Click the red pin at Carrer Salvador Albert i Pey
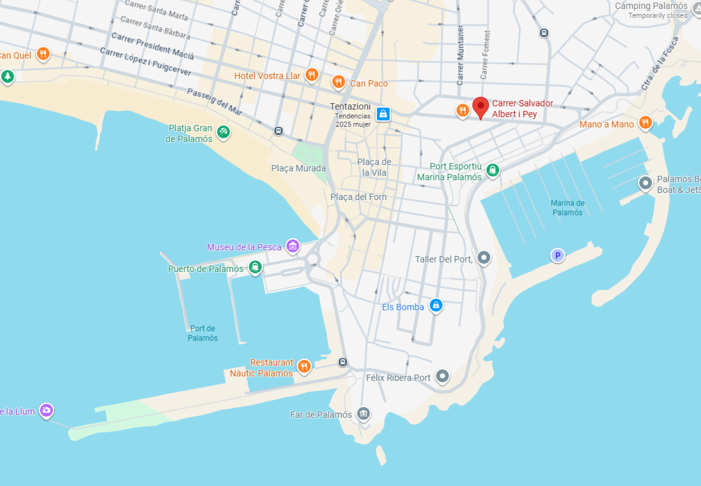pos(480,107)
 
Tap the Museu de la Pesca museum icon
pos(293,245)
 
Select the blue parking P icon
pos(557,255)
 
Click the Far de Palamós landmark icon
pos(363,413)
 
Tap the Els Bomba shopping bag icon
pos(436,305)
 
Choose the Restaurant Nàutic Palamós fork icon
pos(304,366)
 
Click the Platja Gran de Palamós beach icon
pos(223,132)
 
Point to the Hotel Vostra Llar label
pos(267,76)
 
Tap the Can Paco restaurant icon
pos(338,82)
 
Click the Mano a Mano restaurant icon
pos(645,122)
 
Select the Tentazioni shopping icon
pos(383,114)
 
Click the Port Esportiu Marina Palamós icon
pos(492,170)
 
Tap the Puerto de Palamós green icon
pos(255,267)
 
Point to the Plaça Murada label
pos(298,168)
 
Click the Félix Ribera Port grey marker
pos(442,376)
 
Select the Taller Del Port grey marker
pos(484,257)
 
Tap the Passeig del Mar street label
pos(215,101)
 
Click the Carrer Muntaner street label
pos(460,55)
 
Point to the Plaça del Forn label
pos(358,197)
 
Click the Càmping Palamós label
pos(651,6)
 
